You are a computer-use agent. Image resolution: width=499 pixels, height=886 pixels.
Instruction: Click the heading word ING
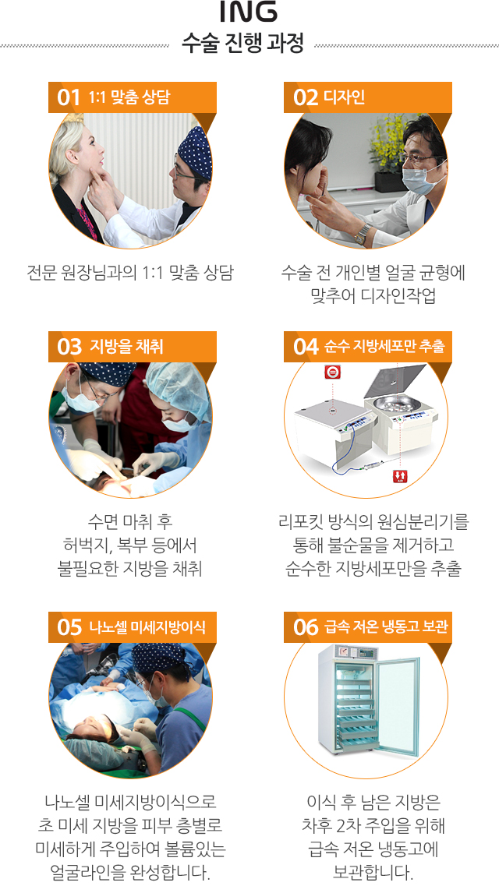[x=249, y=12]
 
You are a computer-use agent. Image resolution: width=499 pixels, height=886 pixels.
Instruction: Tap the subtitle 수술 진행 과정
[x=242, y=44]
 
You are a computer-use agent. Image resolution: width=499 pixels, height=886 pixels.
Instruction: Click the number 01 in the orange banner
[x=69, y=97]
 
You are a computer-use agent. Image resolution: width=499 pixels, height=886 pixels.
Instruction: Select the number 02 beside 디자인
[x=305, y=97]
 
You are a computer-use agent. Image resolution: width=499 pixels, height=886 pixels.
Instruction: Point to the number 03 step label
[x=69, y=347]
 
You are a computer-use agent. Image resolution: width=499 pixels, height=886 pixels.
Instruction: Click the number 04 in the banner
[x=306, y=347]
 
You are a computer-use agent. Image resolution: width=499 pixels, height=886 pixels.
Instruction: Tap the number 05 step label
[x=69, y=627]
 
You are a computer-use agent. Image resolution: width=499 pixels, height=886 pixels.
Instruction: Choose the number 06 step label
[x=306, y=627]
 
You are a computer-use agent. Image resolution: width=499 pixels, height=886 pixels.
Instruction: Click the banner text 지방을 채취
[x=126, y=347]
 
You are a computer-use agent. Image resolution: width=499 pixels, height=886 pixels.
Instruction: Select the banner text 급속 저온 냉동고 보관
[x=387, y=627]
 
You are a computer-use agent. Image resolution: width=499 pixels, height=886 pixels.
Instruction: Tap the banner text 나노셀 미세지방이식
[x=147, y=627]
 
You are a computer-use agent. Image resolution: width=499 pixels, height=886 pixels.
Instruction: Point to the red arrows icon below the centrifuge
[x=400, y=476]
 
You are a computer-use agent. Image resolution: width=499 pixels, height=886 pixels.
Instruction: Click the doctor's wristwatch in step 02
[x=363, y=233]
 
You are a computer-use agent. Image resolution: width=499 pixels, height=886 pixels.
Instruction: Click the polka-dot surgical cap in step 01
[x=196, y=149]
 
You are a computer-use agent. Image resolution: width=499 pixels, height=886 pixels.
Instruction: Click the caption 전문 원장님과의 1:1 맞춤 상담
[x=130, y=273]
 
